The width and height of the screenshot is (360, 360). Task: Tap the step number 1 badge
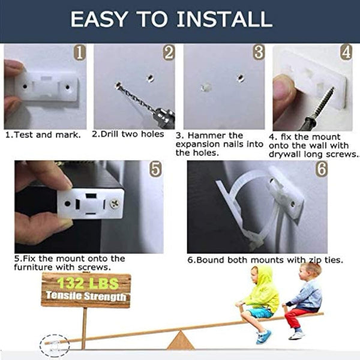[79, 53]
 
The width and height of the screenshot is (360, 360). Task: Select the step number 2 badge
[169, 53]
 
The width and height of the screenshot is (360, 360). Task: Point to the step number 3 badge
[258, 53]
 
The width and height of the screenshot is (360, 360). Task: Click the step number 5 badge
[155, 169]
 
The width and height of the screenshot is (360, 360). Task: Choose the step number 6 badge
[321, 169]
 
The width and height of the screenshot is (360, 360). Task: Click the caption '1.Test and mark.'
[43, 134]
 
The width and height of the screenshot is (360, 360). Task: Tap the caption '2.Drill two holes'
[128, 134]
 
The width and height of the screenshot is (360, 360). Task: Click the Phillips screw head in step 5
[113, 205]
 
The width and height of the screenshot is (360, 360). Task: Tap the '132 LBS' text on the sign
[85, 282]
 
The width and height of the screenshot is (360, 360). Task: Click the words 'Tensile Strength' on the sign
[85, 296]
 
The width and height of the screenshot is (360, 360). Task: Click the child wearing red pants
[304, 300]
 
